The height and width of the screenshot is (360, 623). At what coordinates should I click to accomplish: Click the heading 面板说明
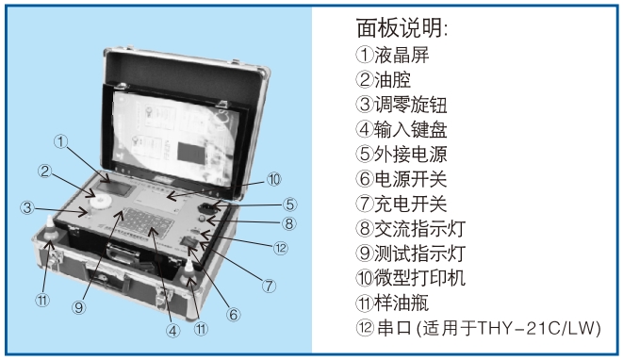pyautogui.click(x=399, y=28)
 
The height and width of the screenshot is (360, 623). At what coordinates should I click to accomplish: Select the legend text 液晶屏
pyautogui.click(x=402, y=55)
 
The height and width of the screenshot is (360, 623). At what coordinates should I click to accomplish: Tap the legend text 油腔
pyautogui.click(x=392, y=79)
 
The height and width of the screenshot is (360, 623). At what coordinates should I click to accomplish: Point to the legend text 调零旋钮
pyautogui.click(x=410, y=105)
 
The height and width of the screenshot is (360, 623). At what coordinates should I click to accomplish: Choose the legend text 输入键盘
pyautogui.click(x=410, y=129)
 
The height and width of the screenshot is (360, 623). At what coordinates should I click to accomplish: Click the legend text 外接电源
pyautogui.click(x=410, y=155)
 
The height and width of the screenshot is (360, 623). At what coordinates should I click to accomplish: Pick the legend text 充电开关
pyautogui.click(x=410, y=204)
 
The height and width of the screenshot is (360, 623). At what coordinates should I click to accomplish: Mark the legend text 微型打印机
pyautogui.click(x=419, y=278)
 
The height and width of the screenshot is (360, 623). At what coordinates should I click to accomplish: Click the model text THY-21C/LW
pyautogui.click(x=537, y=328)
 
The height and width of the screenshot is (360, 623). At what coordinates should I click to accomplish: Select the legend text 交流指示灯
pyautogui.click(x=419, y=228)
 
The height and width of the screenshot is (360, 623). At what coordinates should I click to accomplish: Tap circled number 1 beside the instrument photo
pyautogui.click(x=60, y=141)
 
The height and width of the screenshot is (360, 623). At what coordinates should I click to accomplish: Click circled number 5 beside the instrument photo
pyautogui.click(x=289, y=205)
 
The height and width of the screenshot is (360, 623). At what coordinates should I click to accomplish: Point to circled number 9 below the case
pyautogui.click(x=78, y=307)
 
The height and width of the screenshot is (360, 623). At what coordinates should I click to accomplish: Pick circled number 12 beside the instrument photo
pyautogui.click(x=280, y=249)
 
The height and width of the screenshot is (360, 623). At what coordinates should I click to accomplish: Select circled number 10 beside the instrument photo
pyautogui.click(x=273, y=179)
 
